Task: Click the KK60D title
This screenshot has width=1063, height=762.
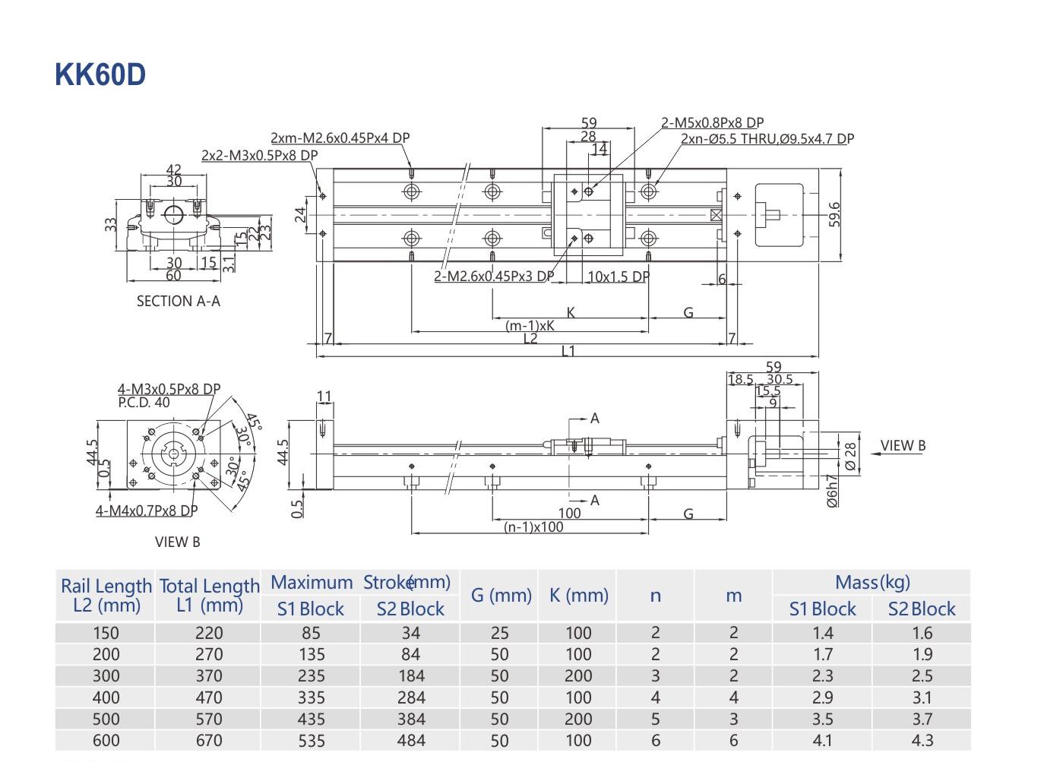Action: click(x=100, y=75)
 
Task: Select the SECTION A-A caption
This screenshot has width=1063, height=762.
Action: click(x=178, y=301)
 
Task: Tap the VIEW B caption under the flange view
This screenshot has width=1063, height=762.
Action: click(x=177, y=542)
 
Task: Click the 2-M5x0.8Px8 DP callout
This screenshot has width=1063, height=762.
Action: click(x=712, y=122)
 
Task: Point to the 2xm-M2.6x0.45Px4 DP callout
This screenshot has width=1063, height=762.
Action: click(x=340, y=138)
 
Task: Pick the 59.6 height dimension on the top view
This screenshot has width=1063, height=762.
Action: click(x=835, y=213)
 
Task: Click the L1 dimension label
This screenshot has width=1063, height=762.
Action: click(x=568, y=351)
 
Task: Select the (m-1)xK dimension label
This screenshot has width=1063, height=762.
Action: click(x=530, y=325)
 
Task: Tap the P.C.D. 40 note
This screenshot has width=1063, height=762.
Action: click(x=144, y=403)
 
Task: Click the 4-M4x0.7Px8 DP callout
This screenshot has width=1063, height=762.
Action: click(x=146, y=511)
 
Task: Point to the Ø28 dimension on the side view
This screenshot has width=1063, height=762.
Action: click(x=850, y=455)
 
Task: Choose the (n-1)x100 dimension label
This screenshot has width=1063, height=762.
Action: click(x=533, y=526)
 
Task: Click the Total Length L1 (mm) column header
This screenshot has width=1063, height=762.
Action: click(x=209, y=595)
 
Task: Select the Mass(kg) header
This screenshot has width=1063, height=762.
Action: click(x=872, y=583)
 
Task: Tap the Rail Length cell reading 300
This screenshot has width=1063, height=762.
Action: click(x=106, y=676)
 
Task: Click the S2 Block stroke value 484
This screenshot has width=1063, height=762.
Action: click(x=410, y=740)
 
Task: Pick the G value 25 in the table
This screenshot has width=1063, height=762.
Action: click(x=499, y=633)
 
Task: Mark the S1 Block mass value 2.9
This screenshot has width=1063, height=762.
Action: click(x=822, y=697)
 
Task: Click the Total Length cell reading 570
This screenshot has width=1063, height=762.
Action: click(x=209, y=719)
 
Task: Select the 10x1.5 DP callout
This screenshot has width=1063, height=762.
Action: click(x=619, y=277)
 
